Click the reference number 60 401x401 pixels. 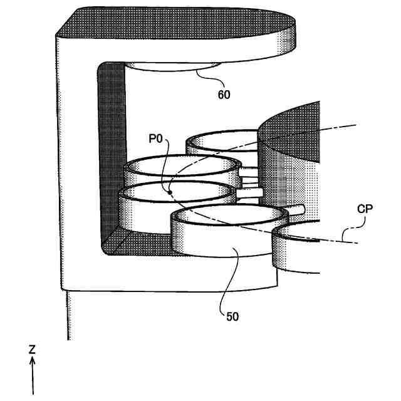[x=224, y=95]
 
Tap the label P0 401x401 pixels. [x=156, y=138]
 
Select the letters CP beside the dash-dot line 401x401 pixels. [x=365, y=209]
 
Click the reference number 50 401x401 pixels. [x=232, y=316]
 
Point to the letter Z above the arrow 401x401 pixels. [x=32, y=350]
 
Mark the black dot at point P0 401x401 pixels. [x=169, y=192]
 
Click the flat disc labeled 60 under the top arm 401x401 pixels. [x=172, y=70]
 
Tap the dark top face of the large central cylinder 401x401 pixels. [x=294, y=135]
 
